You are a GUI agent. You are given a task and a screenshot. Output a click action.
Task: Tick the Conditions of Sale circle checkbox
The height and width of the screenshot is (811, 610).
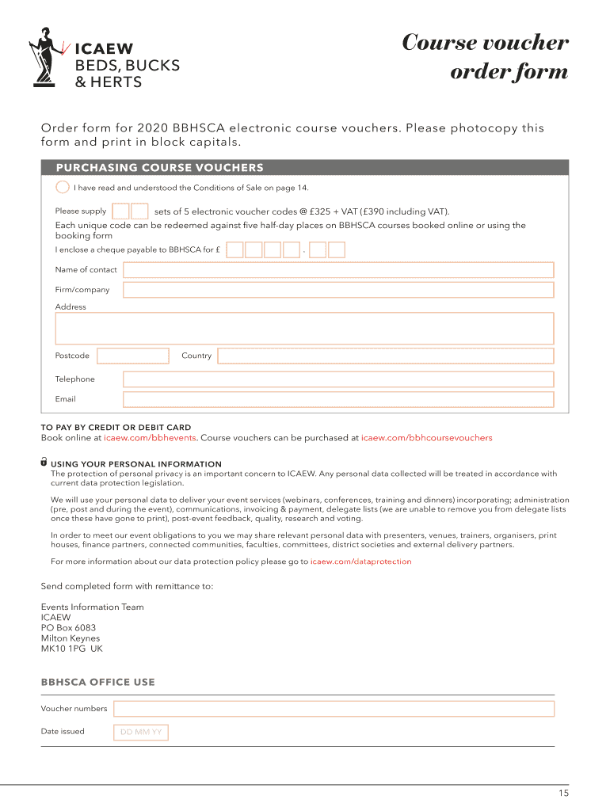pos(63,188)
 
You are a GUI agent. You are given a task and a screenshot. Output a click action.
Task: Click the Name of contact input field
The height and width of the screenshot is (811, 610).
pos(338,269)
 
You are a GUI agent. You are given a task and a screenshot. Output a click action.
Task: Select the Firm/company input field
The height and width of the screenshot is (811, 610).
pos(338,290)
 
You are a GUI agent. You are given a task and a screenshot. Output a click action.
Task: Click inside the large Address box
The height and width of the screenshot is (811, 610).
pos(304,328)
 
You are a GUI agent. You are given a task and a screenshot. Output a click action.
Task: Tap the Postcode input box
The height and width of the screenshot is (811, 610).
pos(133,356)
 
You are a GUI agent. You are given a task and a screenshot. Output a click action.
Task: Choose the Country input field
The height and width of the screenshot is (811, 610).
pos(385,356)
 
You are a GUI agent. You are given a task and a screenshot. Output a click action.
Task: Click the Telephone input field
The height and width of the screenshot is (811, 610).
pos(338,379)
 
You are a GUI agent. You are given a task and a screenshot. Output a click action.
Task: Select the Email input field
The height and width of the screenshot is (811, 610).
pos(338,399)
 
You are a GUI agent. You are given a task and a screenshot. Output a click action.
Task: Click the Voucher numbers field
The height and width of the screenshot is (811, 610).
pos(334,708)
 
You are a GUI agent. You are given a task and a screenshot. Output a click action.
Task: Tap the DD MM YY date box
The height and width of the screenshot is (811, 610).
pos(141,732)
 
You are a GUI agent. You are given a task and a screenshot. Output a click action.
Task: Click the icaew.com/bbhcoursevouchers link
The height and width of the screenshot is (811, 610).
pos(426,437)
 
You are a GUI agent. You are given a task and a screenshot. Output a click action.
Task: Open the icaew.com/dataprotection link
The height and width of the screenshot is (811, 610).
pos(360,562)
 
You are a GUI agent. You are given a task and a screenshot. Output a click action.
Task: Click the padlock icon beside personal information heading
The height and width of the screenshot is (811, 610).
pos(44,462)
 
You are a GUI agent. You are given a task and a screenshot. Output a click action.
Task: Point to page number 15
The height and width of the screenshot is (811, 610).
pos(562,794)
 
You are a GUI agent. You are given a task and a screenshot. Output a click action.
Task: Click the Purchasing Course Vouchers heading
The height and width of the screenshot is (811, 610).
pos(159,167)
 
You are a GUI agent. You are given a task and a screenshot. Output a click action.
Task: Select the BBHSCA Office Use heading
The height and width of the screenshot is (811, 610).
pos(97,682)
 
